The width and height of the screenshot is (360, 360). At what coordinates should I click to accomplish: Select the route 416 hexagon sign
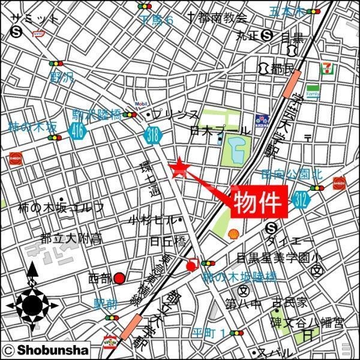tap(76, 133)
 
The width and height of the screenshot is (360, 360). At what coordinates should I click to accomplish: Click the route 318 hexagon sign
tap(154, 136)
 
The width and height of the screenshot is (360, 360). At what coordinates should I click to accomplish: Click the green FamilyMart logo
tap(313, 91)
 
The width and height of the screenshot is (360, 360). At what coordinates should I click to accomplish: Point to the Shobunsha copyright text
tap(46, 350)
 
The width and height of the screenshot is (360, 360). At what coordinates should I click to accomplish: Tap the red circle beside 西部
tap(120, 278)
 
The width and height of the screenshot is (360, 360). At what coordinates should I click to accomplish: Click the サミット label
tap(35, 19)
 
